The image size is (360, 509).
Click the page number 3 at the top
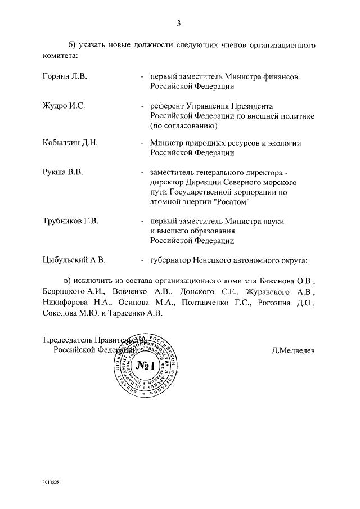[x=178, y=24]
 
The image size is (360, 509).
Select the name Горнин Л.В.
[x=65, y=76]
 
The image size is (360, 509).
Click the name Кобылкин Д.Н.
[x=70, y=143]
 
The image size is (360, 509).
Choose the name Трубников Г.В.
[x=71, y=222]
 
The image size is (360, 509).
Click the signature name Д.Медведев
[x=293, y=350]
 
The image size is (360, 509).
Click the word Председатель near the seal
[x=67, y=339]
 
